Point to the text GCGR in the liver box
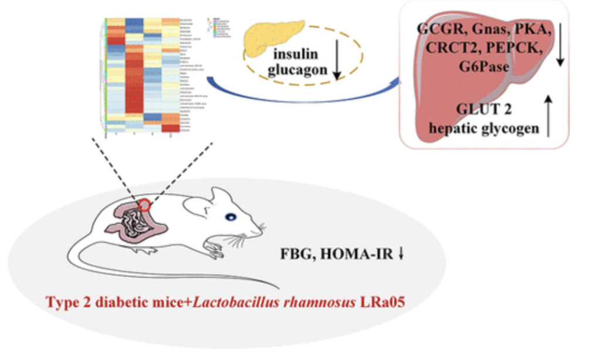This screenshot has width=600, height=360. point(439,30)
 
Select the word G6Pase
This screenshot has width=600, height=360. point(484,66)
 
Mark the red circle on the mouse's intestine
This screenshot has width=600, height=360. point(144,205)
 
